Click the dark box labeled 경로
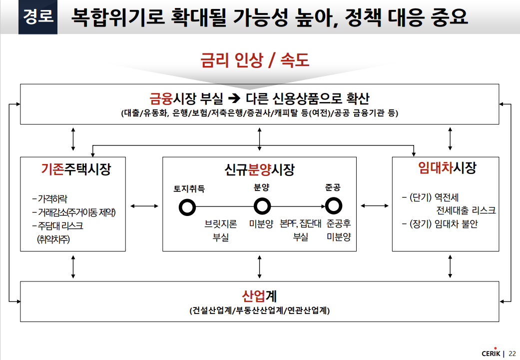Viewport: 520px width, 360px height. (x=38, y=17)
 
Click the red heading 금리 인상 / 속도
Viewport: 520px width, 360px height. (x=255, y=60)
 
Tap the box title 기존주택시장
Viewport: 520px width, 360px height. (x=75, y=169)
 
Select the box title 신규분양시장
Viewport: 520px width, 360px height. (x=259, y=169)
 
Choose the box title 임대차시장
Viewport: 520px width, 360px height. (x=447, y=168)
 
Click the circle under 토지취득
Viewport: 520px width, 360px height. (x=188, y=206)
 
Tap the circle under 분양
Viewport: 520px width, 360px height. (x=262, y=205)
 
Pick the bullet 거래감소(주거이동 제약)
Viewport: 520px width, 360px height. (x=73, y=212)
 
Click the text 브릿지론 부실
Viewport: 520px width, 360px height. (x=221, y=230)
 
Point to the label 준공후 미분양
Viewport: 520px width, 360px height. (x=338, y=230)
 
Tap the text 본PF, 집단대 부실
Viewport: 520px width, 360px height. (x=300, y=230)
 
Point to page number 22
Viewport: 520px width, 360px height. (x=513, y=353)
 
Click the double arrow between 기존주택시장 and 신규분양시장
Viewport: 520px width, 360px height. (x=144, y=205)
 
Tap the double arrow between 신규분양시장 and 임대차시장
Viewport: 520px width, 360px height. (x=375, y=205)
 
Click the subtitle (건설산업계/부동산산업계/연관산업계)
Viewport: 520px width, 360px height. (x=259, y=310)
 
